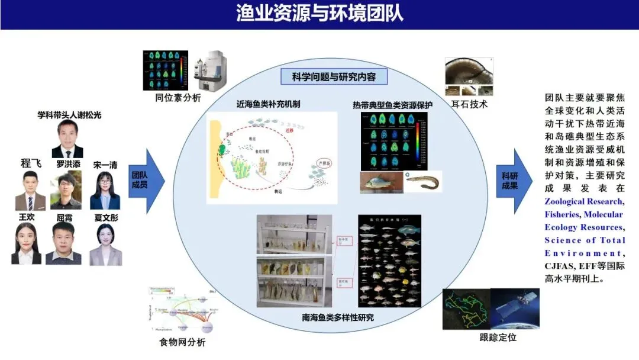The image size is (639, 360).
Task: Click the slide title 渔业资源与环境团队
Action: tap(319, 13)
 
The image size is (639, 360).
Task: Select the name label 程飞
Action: tap(31, 163)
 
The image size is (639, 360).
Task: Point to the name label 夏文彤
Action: tap(106, 217)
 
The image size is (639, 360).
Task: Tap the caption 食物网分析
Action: tap(182, 342)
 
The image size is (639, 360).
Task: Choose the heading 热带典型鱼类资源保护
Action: tap(392, 105)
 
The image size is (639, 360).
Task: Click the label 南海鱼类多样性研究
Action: tap(337, 317)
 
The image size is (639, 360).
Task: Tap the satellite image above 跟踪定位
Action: tap(515, 308)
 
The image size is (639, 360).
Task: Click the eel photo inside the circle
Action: tap(423, 181)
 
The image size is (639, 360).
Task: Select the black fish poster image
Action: tap(390, 261)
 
